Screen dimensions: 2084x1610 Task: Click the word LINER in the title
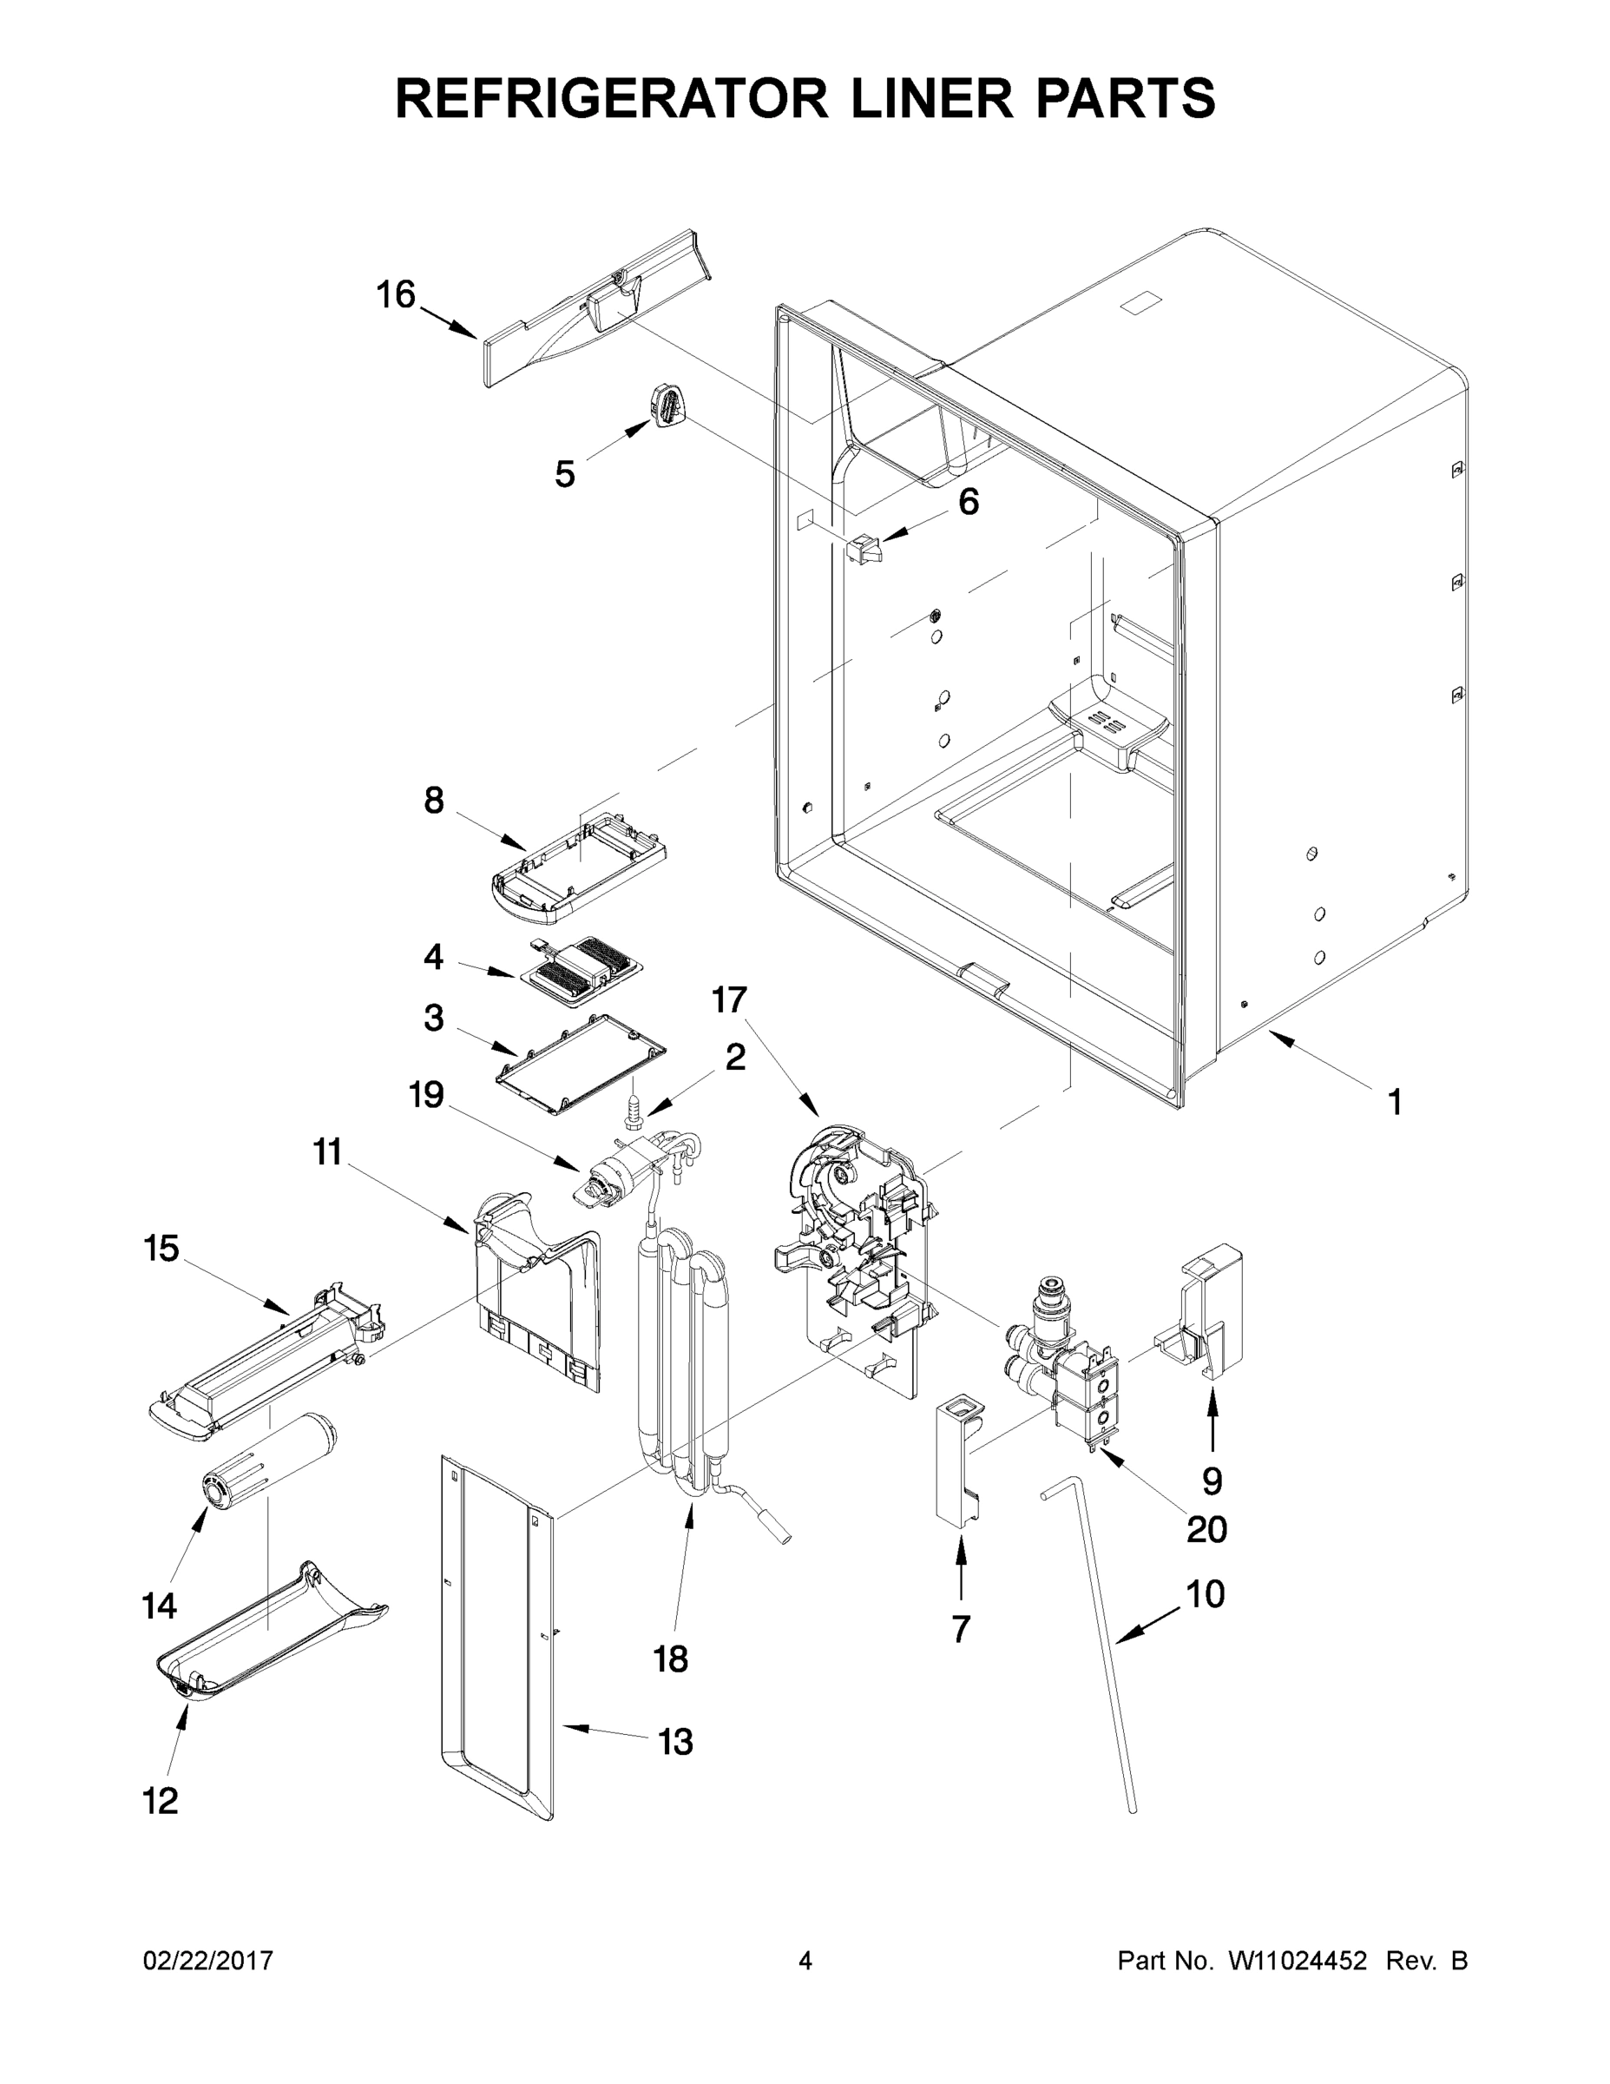pos(888,97)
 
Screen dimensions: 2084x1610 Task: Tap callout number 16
pos(395,295)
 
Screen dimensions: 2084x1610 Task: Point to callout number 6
pos(968,502)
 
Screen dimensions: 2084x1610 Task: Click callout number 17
pos(729,1000)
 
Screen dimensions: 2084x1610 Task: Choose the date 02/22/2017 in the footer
pos(208,1961)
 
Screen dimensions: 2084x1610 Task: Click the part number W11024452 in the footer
pos(1298,1961)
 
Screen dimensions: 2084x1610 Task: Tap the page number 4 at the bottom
pos(805,1961)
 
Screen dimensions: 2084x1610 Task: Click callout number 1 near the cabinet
pos(1395,1103)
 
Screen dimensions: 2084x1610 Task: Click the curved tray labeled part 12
pos(272,1633)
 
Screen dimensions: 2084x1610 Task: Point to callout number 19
pos(426,1096)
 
